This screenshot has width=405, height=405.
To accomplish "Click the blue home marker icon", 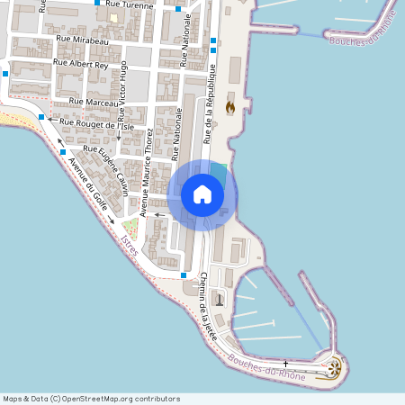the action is click(x=202, y=194).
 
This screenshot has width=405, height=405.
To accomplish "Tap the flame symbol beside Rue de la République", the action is click(x=230, y=106).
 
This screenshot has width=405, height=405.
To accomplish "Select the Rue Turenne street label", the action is click(x=130, y=4).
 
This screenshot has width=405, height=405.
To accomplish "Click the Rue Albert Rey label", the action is click(x=81, y=64).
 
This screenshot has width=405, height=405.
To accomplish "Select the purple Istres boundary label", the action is click(x=128, y=244).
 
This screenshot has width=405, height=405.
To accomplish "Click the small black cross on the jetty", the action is click(x=286, y=363).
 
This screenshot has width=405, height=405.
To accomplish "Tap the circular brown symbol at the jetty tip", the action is click(x=335, y=366).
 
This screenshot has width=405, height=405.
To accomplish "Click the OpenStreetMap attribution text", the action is click(x=91, y=399).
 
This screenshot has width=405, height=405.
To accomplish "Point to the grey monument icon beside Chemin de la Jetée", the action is click(x=219, y=299).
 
